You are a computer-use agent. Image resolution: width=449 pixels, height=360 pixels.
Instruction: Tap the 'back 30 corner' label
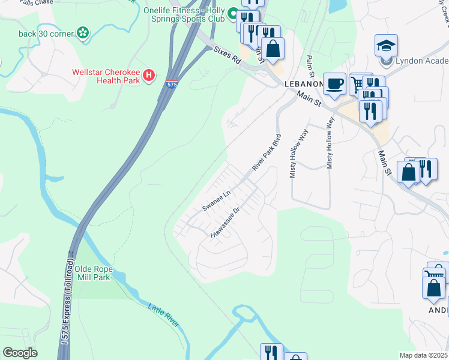(x=45, y=33)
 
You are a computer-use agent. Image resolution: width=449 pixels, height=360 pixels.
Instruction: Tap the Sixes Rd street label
(x=227, y=57)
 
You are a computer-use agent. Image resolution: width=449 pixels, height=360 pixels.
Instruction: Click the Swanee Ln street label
(x=216, y=200)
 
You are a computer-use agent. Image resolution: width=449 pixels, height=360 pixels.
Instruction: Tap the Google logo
(x=20, y=353)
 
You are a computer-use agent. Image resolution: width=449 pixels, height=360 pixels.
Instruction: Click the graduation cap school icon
(x=386, y=46)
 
